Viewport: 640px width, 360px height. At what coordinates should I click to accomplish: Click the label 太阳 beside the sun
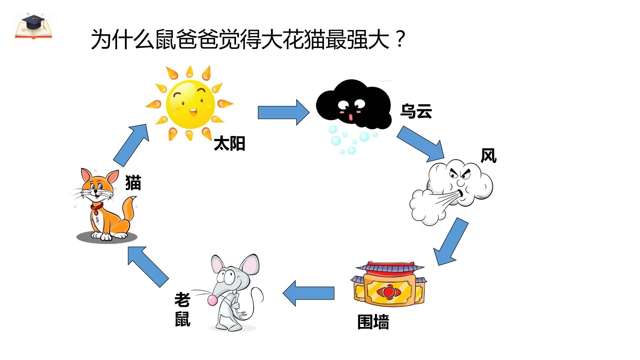(229, 144)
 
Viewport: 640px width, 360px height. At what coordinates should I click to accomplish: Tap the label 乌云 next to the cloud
(416, 111)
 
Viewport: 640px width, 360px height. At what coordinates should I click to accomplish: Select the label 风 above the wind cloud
(489, 155)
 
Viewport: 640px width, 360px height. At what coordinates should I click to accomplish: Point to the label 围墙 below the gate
(373, 322)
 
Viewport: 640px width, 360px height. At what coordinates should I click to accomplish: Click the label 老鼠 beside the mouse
(182, 309)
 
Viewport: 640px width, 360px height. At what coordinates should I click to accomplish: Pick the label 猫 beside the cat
(133, 183)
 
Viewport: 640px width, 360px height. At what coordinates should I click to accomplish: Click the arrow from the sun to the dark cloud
(284, 112)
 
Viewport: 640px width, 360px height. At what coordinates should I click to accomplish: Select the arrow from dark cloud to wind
(421, 144)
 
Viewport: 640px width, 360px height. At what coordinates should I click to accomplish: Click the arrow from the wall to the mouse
(308, 293)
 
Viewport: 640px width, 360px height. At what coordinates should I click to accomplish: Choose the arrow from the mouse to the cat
(148, 267)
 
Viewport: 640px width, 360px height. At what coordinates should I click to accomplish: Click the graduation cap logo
(33, 26)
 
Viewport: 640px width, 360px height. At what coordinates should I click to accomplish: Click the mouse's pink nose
(212, 300)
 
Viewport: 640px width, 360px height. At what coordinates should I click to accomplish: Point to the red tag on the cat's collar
(96, 212)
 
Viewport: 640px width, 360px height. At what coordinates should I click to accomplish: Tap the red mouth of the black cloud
(351, 117)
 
